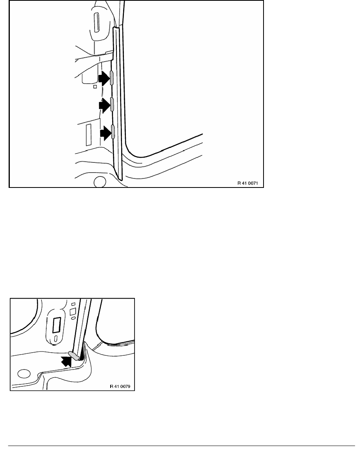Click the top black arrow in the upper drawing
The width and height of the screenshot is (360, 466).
[104, 78]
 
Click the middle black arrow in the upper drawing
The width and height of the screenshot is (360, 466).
[104, 105]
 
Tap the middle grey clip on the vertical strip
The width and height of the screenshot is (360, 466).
[112, 104]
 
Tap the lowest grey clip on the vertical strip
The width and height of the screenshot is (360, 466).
[113, 132]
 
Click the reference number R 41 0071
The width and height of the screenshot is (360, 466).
[248, 183]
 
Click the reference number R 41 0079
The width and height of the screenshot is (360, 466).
[120, 386]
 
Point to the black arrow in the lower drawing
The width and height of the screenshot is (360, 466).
[67, 361]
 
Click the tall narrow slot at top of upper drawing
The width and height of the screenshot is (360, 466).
[96, 22]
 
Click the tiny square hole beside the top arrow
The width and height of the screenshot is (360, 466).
[95, 86]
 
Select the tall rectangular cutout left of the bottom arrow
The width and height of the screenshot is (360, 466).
[89, 135]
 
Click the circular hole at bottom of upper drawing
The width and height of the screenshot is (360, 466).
[100, 182]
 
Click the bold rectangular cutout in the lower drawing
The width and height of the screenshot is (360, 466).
[56, 325]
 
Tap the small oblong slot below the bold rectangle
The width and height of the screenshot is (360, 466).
[56, 339]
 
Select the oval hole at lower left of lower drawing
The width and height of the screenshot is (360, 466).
[24, 373]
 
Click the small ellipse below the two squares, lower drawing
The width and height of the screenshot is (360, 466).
[73, 318]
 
